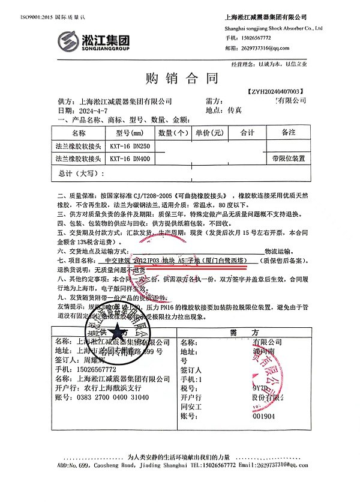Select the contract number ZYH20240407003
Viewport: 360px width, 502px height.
[x=275, y=91]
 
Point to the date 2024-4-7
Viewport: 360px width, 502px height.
[x=93, y=111]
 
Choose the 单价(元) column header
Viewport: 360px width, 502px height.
[x=209, y=132]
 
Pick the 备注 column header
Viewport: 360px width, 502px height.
[x=288, y=132]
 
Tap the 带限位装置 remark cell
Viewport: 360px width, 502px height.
[x=288, y=159]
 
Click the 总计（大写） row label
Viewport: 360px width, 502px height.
[x=78, y=174]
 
